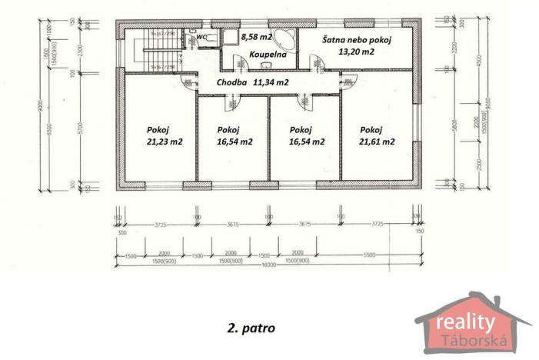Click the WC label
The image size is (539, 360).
(x=201, y=36)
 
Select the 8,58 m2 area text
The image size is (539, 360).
(x=256, y=36)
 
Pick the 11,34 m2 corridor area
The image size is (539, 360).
(x=271, y=82)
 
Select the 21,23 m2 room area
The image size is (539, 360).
(x=164, y=142)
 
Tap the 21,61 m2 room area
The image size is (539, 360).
(x=377, y=142)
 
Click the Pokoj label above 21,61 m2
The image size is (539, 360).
(x=371, y=129)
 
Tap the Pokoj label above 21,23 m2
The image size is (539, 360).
(x=158, y=129)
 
